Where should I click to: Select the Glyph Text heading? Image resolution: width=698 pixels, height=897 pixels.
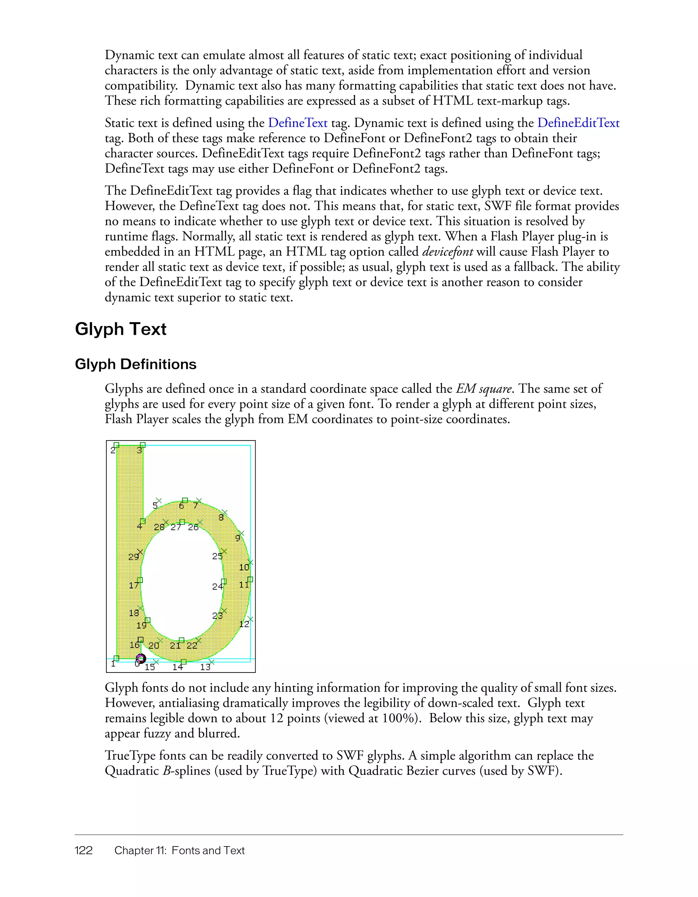[120, 329]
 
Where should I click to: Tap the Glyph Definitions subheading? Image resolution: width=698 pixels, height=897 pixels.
[136, 364]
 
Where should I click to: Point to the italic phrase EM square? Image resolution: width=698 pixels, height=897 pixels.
[484, 388]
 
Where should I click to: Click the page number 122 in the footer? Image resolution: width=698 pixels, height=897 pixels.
[84, 850]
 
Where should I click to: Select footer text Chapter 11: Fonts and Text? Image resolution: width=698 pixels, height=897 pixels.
[179, 850]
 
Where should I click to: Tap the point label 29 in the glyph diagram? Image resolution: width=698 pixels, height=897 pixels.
[134, 557]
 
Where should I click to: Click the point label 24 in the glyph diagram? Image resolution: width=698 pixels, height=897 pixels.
[217, 587]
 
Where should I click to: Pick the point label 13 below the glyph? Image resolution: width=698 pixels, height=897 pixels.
[204, 667]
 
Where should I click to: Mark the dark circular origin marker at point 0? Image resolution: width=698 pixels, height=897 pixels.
[141, 659]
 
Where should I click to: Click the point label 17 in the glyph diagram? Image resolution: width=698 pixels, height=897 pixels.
[134, 585]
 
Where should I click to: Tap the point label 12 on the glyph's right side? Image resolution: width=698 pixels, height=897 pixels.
[244, 624]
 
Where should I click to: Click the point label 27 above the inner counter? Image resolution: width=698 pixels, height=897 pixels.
[176, 527]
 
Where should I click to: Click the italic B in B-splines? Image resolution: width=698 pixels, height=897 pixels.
[166, 771]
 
